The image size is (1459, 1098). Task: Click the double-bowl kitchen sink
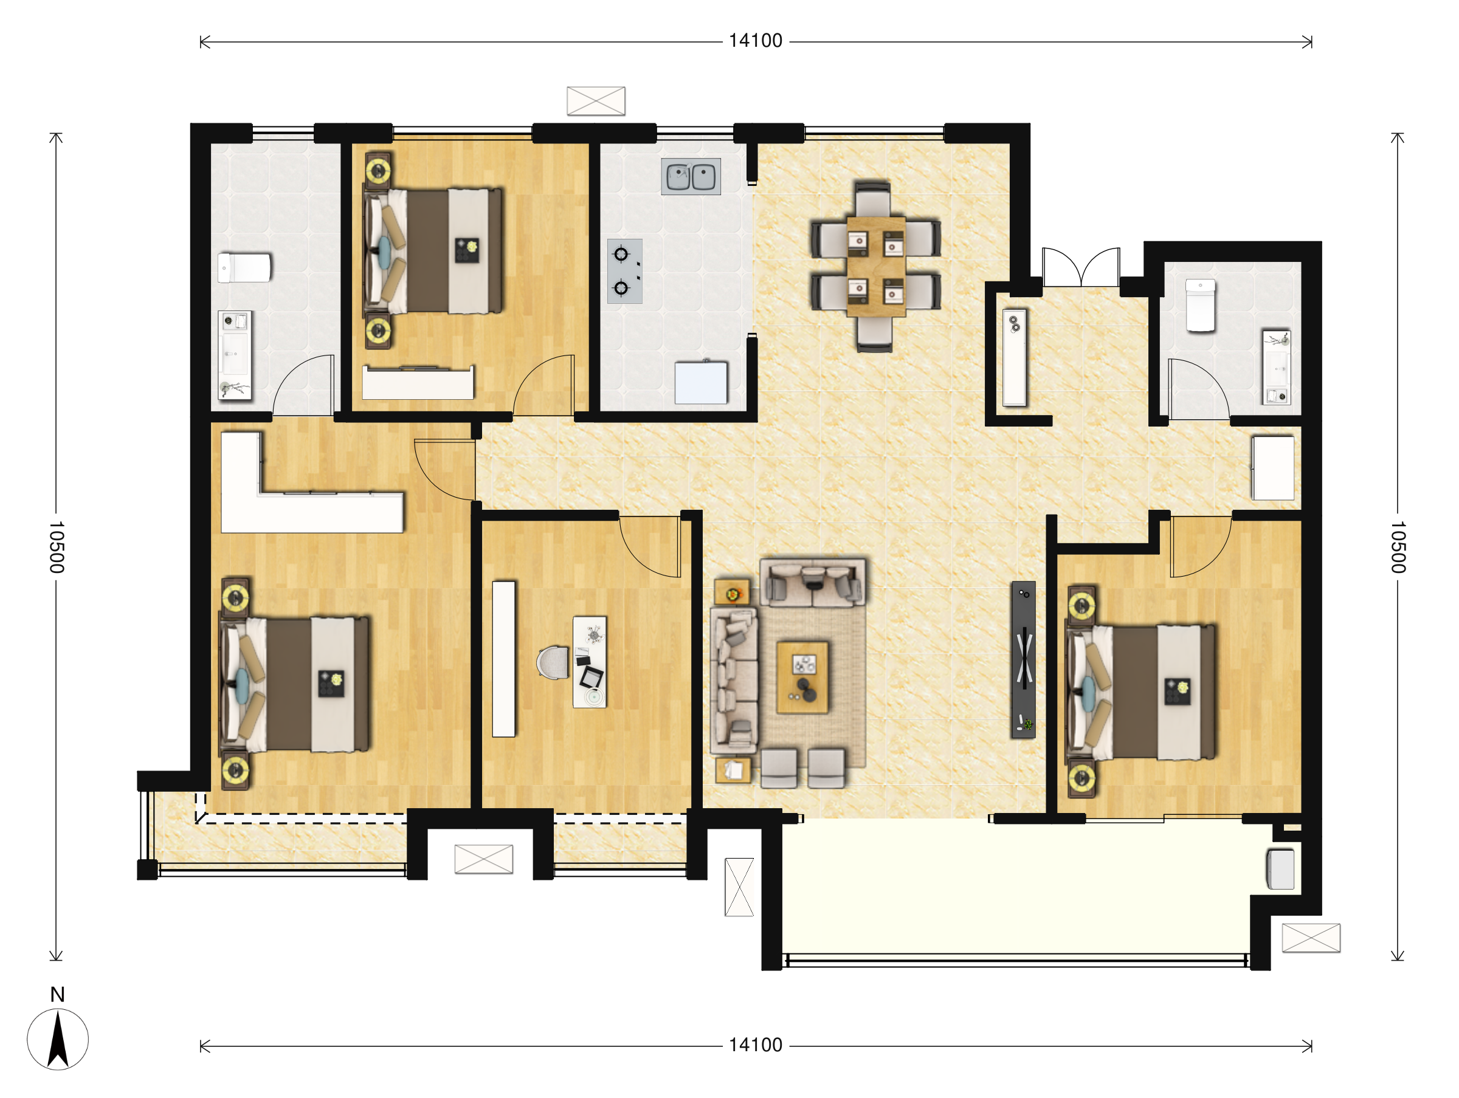[x=691, y=176]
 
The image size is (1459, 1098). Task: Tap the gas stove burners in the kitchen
[x=624, y=271]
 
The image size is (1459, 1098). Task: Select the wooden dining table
[x=876, y=266]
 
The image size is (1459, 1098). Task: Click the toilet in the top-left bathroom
[x=244, y=268]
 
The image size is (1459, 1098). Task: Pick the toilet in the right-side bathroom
[x=1201, y=305]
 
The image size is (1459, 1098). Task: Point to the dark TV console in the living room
[x=1024, y=659]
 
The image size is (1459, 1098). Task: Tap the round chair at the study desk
[x=553, y=662]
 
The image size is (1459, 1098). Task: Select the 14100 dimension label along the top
[x=755, y=41]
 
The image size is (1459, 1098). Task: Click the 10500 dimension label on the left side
[x=57, y=547]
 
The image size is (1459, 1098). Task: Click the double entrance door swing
[x=1081, y=266]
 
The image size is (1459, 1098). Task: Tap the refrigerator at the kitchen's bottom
[x=701, y=382]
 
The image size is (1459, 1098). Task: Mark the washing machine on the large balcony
[x=1280, y=869]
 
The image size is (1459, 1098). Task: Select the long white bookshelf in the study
[x=504, y=659]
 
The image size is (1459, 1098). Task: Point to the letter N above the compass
[x=57, y=995]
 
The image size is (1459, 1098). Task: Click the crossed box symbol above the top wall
[x=596, y=101]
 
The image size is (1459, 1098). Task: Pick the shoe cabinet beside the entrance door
[x=1015, y=357]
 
